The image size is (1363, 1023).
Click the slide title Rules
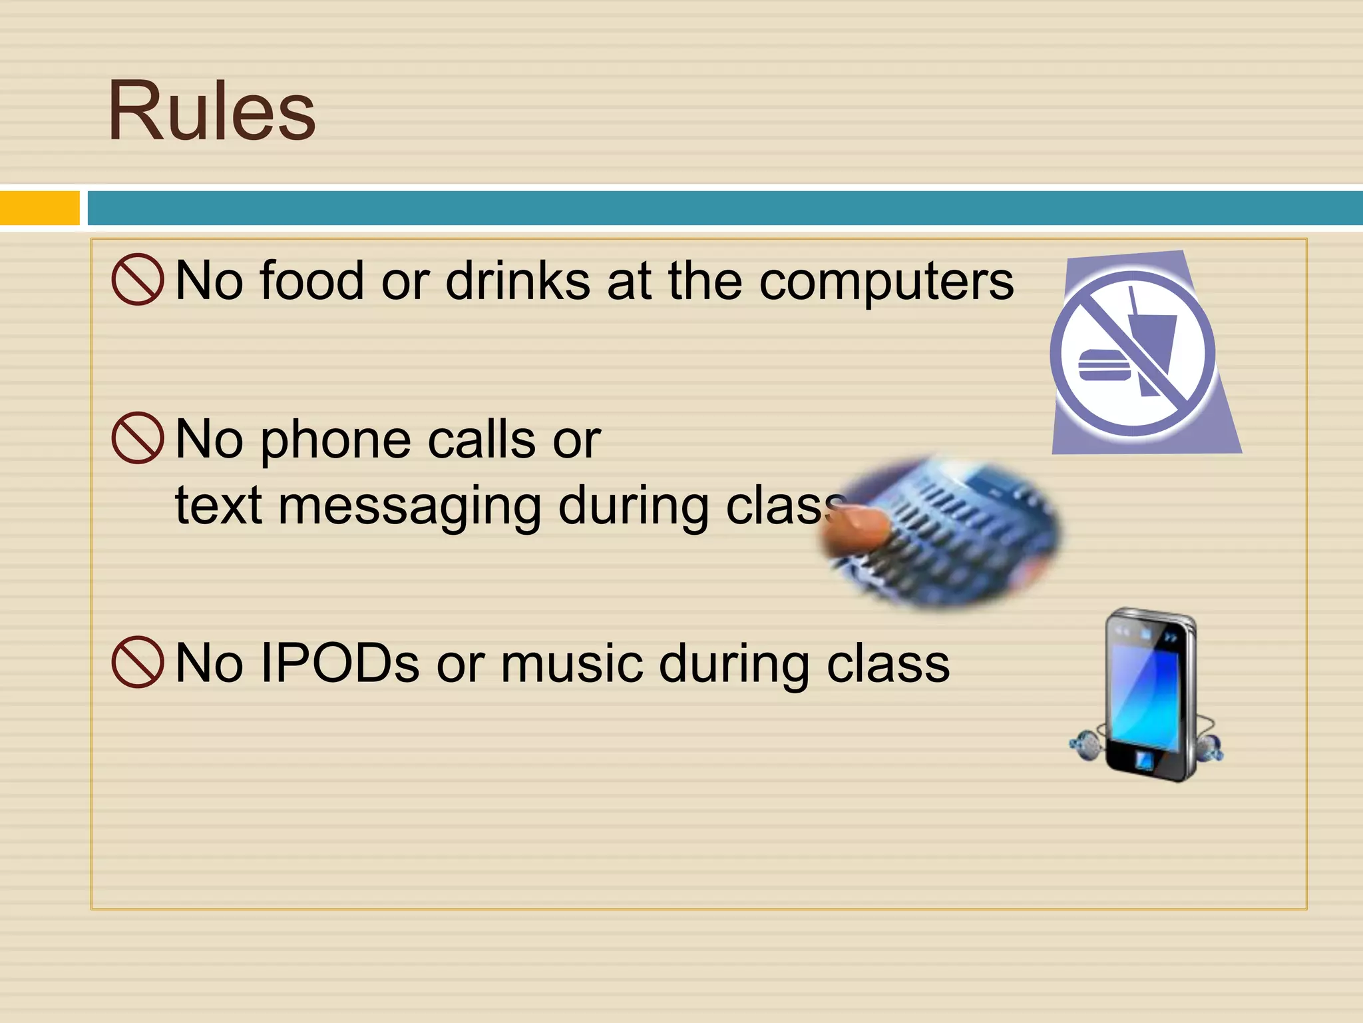point(212,111)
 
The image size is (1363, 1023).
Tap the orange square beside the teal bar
point(39,208)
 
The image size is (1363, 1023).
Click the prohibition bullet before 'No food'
point(138,280)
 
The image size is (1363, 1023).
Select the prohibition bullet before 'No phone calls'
point(138,438)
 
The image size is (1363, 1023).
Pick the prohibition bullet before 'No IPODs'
point(138,662)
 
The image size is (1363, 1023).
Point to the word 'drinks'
point(518,281)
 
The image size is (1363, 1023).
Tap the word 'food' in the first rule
point(311,281)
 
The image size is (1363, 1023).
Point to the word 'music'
point(572,665)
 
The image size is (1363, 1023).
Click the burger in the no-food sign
point(1104,365)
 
